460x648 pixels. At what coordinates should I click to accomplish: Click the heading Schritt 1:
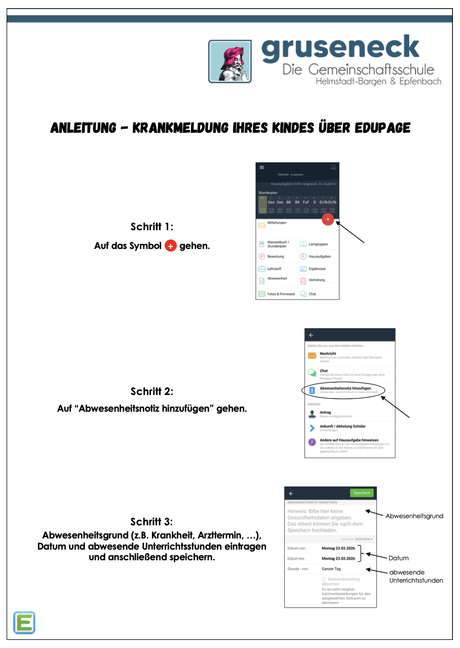point(151,226)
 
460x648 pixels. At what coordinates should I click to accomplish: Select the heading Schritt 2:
point(151,391)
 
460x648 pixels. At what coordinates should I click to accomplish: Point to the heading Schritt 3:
point(151,522)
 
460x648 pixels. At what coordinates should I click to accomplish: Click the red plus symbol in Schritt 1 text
point(171,246)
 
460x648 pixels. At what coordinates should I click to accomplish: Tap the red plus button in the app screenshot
point(328,219)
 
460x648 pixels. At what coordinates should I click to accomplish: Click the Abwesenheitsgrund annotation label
point(414,516)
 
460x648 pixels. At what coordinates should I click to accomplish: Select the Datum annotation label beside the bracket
point(398,558)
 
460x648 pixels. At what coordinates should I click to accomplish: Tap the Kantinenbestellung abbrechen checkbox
point(324,579)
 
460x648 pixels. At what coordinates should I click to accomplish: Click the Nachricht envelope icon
point(312,356)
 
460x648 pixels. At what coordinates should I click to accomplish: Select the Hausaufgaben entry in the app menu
point(319,257)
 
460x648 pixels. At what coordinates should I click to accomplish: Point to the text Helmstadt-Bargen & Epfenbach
point(378,81)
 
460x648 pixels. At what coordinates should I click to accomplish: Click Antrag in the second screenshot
point(325,412)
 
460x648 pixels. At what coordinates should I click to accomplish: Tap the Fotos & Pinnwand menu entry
point(280,294)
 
